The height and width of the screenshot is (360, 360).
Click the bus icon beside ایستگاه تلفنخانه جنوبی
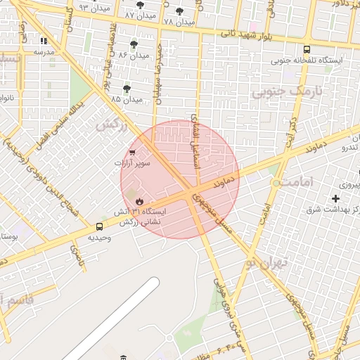click(x=307, y=49)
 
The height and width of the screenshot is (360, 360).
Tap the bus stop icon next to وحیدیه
click(x=99, y=226)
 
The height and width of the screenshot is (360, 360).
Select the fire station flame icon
click(x=140, y=201)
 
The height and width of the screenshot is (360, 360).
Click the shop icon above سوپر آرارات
click(x=132, y=152)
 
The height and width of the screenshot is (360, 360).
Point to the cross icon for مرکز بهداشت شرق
click(x=335, y=200)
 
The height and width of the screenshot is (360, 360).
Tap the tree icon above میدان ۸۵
click(x=127, y=89)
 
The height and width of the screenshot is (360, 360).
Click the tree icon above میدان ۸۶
click(x=134, y=44)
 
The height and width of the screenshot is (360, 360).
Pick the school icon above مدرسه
click(x=44, y=41)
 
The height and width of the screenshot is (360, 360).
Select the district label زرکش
click(x=105, y=124)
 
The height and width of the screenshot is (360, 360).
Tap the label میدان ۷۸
click(x=178, y=22)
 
